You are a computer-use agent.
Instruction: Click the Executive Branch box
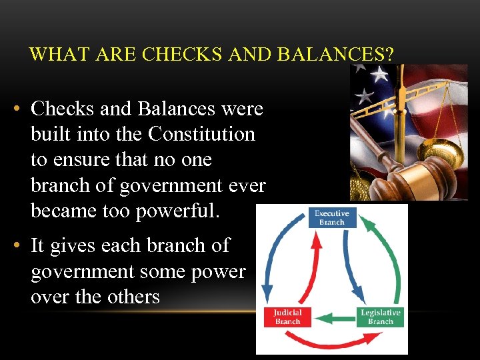331,218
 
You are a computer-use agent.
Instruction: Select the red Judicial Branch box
288,317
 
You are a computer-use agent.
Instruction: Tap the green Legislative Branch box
381,317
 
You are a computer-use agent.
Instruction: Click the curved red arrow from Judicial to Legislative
333,343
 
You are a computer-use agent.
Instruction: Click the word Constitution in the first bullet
201,134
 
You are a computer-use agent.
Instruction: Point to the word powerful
177,211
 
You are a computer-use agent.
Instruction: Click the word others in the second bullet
127,297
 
